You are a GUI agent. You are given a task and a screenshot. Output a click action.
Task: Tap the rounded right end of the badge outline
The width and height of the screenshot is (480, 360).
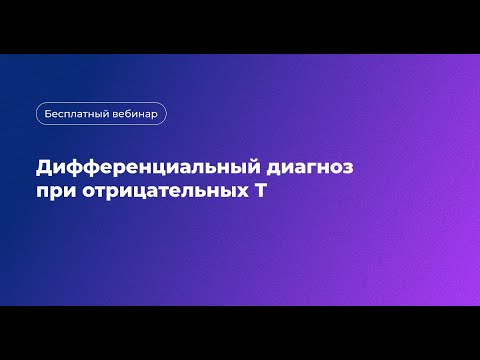pyautogui.click(x=165, y=113)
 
